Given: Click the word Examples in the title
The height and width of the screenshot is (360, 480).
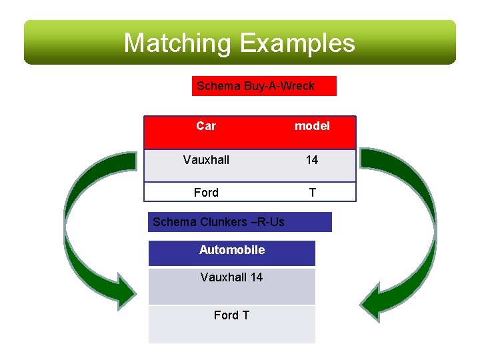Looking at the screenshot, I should coord(297,43).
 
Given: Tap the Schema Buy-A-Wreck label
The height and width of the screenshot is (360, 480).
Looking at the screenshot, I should coord(263,86).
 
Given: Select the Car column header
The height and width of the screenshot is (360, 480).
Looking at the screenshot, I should coord(206,126).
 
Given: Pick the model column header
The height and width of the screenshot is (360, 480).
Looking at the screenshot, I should coord(312,126).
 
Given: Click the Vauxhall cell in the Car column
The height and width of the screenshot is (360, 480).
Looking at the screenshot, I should coord(206,160).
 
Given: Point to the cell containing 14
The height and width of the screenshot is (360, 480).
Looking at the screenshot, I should coord(312,160).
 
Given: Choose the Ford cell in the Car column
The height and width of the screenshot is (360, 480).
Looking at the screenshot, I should coord(206,193).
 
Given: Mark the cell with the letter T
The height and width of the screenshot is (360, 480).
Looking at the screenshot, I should coord(312,193).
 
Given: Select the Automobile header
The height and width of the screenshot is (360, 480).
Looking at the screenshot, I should coord(231,251).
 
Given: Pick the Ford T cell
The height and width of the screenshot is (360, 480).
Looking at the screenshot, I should coord(231,315).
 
